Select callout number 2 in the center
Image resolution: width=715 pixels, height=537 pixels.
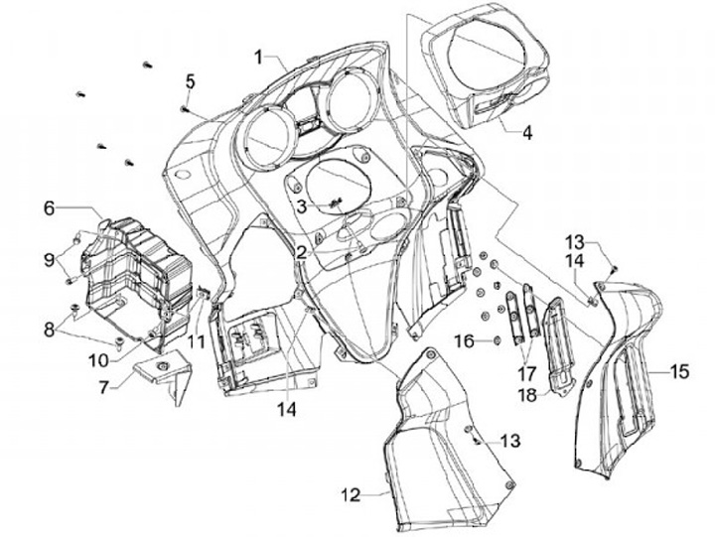coord(299,252)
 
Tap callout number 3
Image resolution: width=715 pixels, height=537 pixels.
coord(300,205)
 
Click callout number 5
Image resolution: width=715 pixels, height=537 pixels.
coord(190,79)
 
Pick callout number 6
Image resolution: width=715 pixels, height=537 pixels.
coord(48,208)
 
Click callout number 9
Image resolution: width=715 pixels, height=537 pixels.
coord(47,260)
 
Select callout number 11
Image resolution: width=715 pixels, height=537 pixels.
coord(198,340)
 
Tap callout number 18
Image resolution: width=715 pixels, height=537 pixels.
coord(523,394)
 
